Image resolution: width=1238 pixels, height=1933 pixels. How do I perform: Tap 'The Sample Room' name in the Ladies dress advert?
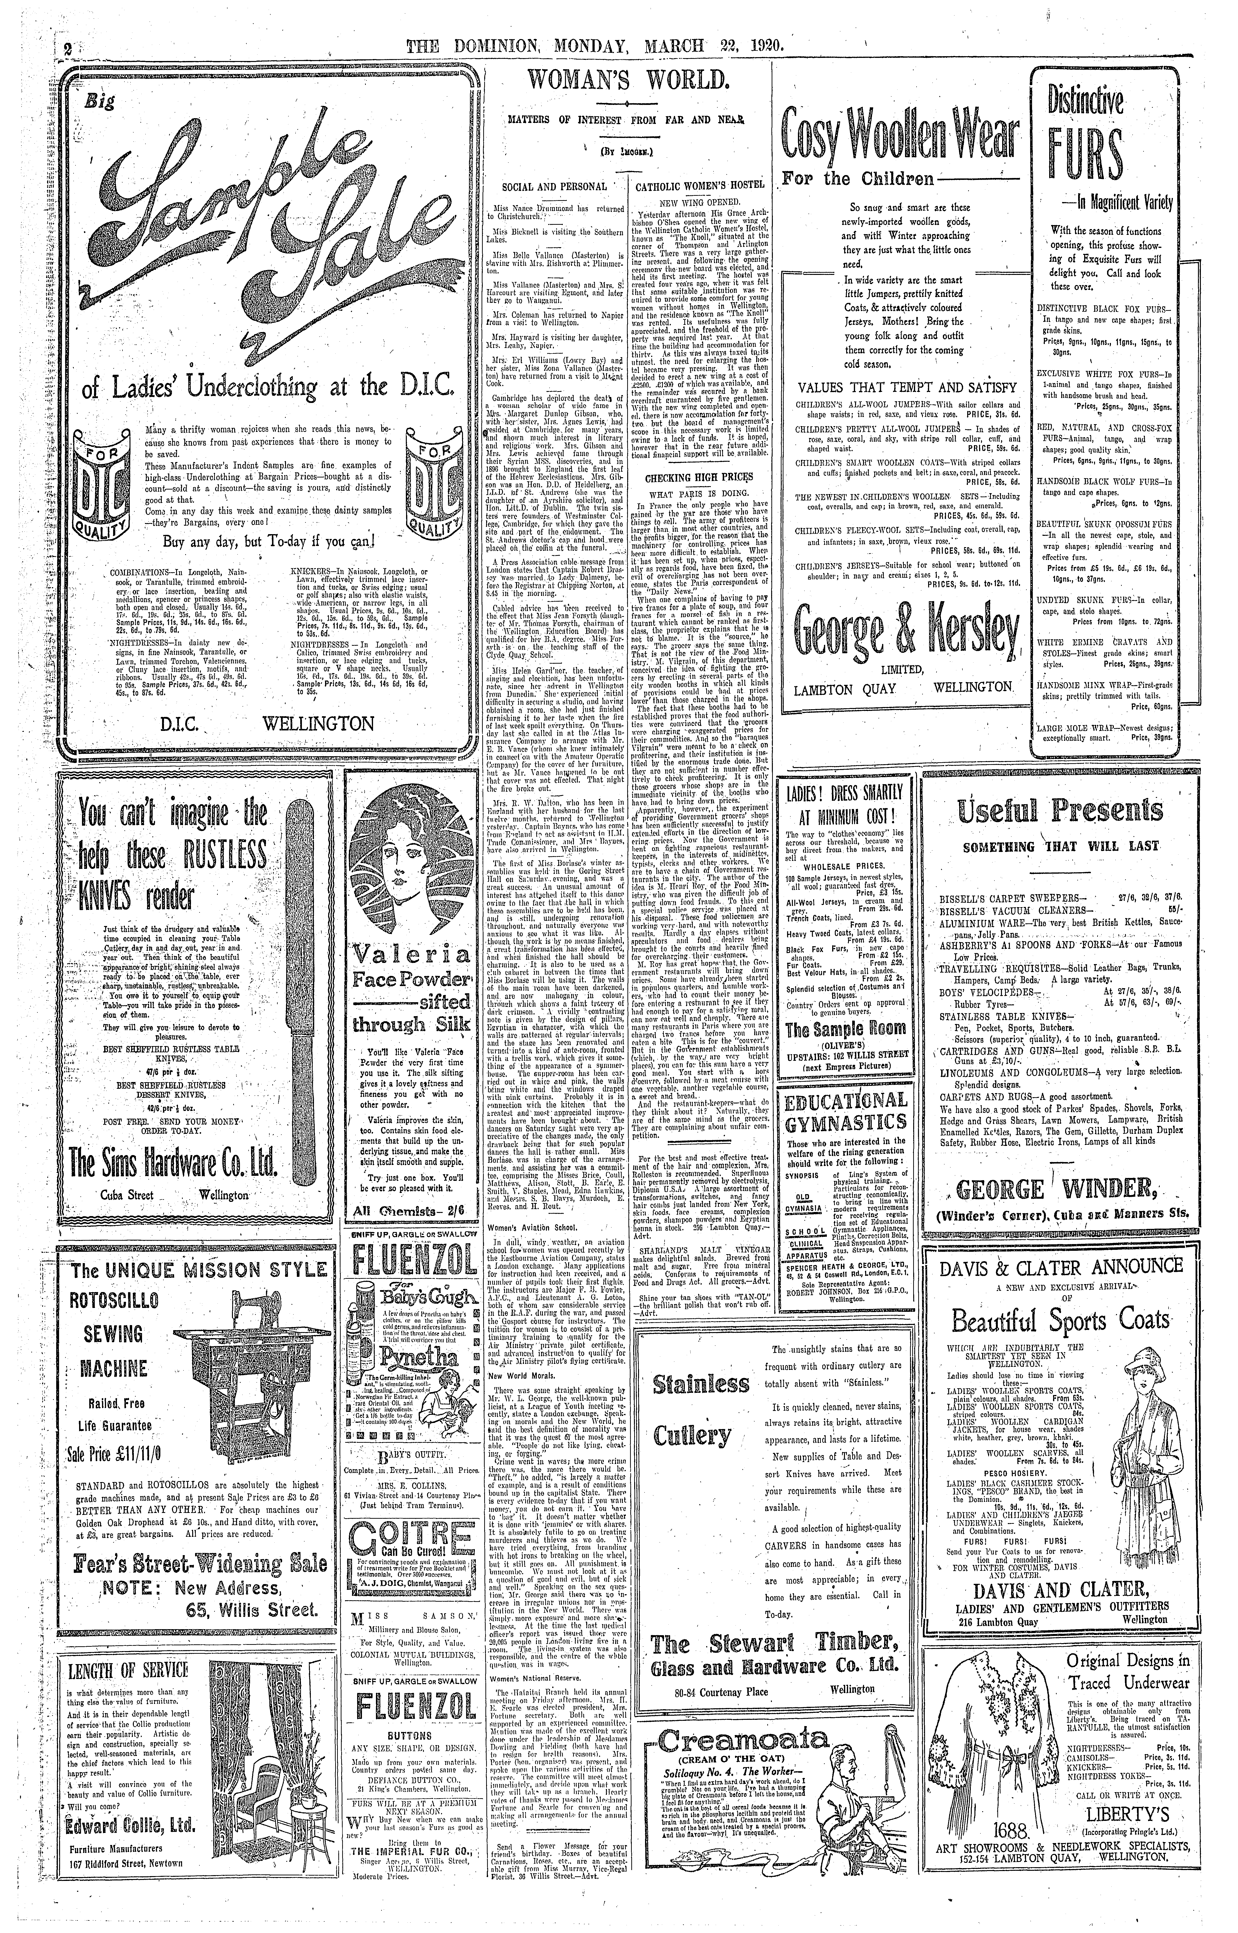point(846,1028)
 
